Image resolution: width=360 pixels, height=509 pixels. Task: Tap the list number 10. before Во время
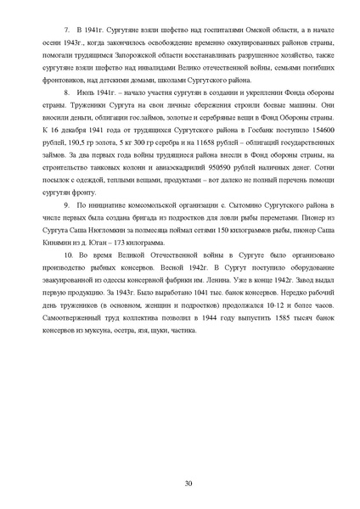tap(70, 277)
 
